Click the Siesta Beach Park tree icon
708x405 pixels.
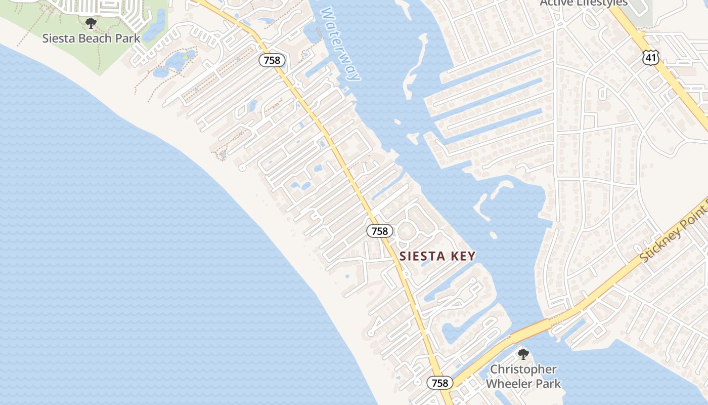91,23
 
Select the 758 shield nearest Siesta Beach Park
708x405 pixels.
273,61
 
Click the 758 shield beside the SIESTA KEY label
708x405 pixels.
379,231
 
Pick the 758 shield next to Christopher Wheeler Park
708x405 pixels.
440,383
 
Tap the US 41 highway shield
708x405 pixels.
650,58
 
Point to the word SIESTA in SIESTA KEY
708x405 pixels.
422,256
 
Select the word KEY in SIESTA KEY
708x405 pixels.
462,256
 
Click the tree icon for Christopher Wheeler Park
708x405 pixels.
523,354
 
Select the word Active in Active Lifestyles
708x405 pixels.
556,3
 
